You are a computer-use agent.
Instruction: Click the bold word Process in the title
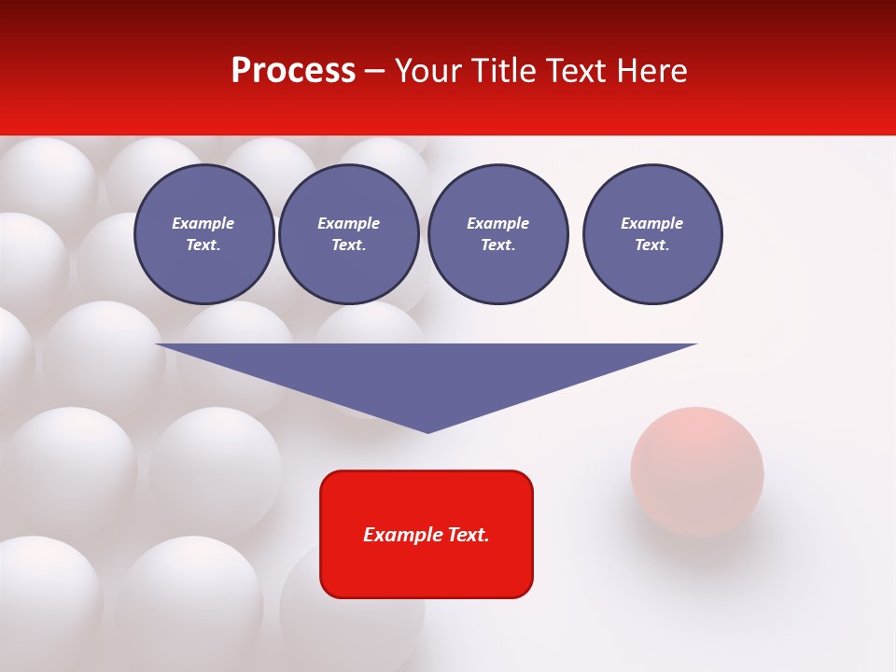pyautogui.click(x=293, y=71)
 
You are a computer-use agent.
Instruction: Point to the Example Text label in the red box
pyautogui.click(x=427, y=535)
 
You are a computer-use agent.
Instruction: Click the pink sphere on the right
pyautogui.click(x=696, y=471)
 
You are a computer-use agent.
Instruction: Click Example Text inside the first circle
pyautogui.click(x=203, y=233)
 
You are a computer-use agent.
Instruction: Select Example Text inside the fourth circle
pyautogui.click(x=651, y=233)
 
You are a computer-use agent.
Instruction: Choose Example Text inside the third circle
pyautogui.click(x=497, y=233)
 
